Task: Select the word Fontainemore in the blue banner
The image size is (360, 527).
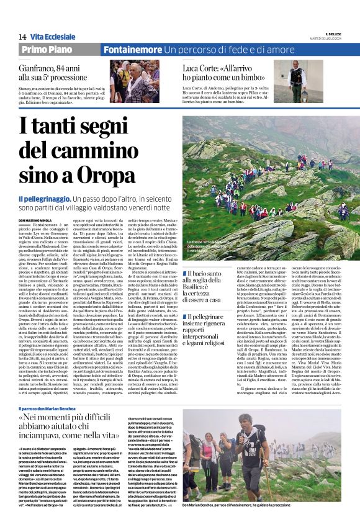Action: tap(132, 50)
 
